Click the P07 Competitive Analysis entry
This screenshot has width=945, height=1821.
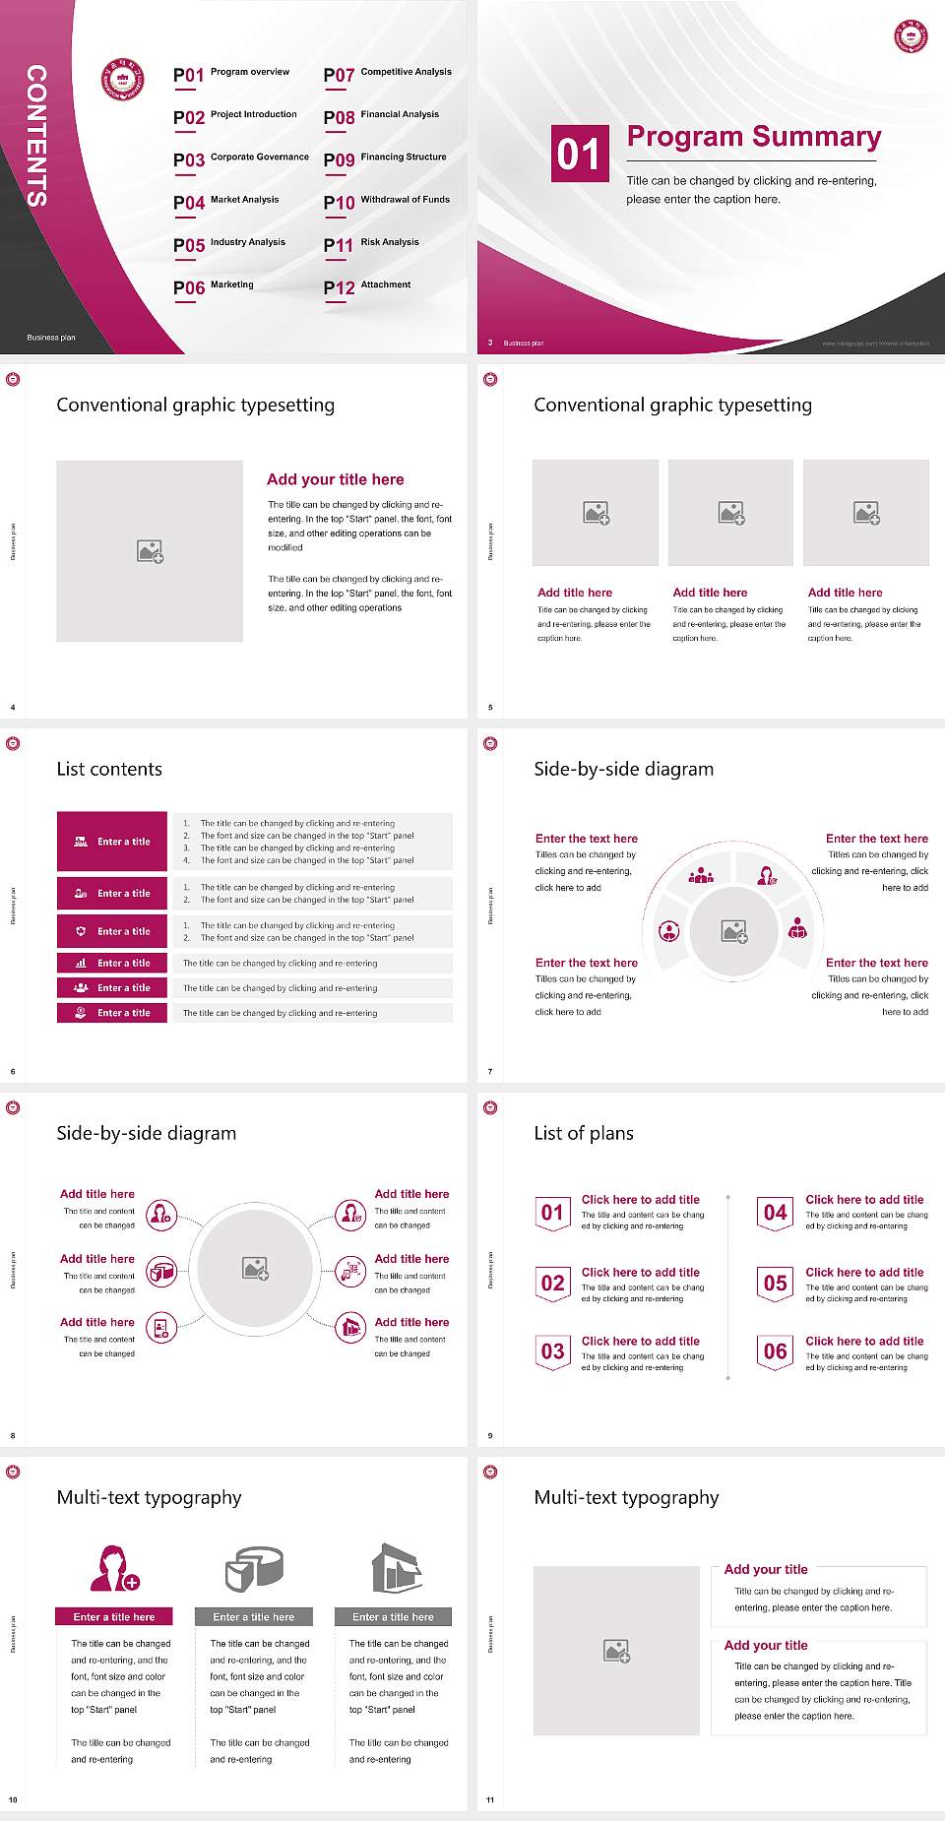coord(387,74)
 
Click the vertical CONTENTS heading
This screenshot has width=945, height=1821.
coord(36,136)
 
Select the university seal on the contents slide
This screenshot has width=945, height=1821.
coord(123,80)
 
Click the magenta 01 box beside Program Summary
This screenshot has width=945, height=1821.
coord(580,154)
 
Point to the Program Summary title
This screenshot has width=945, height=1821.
coord(753,137)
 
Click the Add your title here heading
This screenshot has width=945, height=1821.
coord(335,479)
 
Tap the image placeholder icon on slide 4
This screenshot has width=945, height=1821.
coord(150,551)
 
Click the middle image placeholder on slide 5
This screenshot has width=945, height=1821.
coord(730,513)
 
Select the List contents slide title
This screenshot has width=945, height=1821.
coord(109,769)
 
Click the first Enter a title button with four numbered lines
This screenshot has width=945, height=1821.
coord(112,842)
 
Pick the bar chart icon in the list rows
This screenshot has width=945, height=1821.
coord(81,963)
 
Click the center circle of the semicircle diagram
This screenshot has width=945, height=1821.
coord(733,931)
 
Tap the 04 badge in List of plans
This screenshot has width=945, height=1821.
coord(776,1213)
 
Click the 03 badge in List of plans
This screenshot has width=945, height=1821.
coord(552,1352)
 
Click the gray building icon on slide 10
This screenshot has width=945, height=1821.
coord(396,1568)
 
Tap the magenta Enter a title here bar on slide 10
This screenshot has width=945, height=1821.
coord(114,1616)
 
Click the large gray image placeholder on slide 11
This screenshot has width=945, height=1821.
coord(616,1651)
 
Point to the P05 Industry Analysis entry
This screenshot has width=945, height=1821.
coord(228,244)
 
